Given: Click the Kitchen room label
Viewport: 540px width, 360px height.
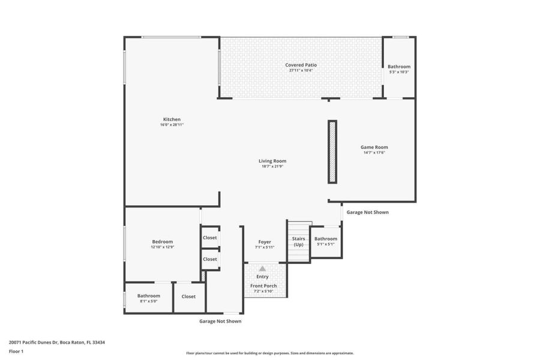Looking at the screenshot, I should pos(172,119).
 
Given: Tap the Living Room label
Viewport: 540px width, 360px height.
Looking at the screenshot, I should pos(272,161).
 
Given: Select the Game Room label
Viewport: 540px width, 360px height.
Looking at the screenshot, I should pos(374,147).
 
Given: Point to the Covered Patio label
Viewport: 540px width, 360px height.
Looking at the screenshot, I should pos(301,65).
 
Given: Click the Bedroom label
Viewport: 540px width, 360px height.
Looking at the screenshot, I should pos(162,241).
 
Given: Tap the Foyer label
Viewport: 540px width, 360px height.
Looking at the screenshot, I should pos(264,242).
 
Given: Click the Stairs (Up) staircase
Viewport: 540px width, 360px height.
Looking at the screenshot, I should pos(298,241).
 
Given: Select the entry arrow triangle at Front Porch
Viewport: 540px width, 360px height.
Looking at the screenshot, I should pos(262,269).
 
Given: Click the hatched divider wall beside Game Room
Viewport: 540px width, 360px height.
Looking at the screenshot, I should pos(332,152).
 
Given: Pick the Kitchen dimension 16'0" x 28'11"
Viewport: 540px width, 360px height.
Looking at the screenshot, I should pos(172,125).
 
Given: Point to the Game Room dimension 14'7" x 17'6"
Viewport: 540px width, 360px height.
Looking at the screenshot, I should pos(374,152).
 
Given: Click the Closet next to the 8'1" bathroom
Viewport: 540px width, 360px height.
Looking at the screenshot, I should pos(188,296).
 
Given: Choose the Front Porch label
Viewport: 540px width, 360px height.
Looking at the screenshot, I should pos(263,286).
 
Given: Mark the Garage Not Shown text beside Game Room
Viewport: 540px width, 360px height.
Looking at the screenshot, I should pos(368,212).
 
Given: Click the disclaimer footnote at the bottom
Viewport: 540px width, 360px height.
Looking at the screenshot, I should pos(269,353).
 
